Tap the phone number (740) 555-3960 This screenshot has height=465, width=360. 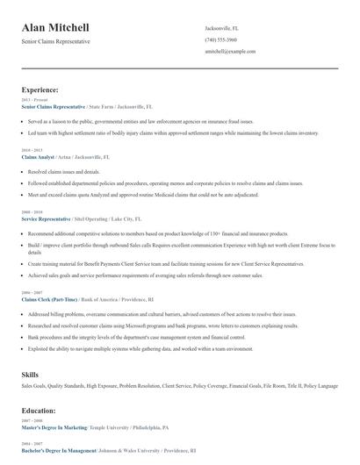point(220,39)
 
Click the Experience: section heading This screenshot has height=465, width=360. point(40,89)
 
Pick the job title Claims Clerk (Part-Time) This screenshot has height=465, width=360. point(49,298)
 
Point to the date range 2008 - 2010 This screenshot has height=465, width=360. point(31,212)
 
